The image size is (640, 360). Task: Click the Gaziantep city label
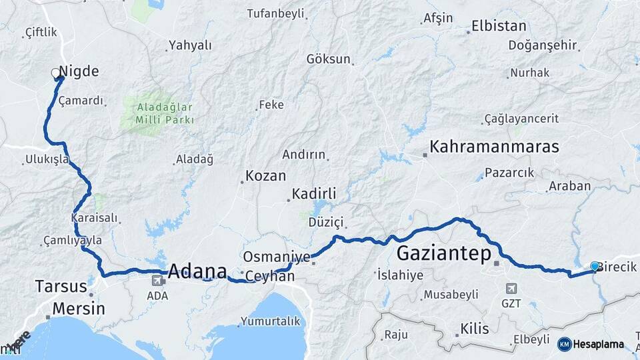[443, 253]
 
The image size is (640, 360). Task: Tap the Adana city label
[197, 271]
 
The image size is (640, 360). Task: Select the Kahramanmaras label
[494, 147]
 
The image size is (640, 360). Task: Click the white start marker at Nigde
[56, 74]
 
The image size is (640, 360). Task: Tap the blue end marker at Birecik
[595, 267]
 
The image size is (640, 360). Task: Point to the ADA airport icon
[157, 281]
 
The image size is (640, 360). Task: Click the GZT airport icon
[511, 289]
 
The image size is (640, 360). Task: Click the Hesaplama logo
[591, 344]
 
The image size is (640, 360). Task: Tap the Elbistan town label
[499, 27]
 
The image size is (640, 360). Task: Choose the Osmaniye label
[277, 257]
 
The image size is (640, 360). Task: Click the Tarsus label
[61, 287]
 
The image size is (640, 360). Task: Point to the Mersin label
[78, 309]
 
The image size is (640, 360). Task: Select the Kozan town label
[265, 176]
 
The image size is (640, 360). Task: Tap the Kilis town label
[474, 329]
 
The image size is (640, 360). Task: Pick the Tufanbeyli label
[275, 13]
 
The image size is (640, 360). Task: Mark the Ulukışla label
[46, 159]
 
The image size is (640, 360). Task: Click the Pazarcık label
[509, 173]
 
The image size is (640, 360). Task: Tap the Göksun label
[328, 59]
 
